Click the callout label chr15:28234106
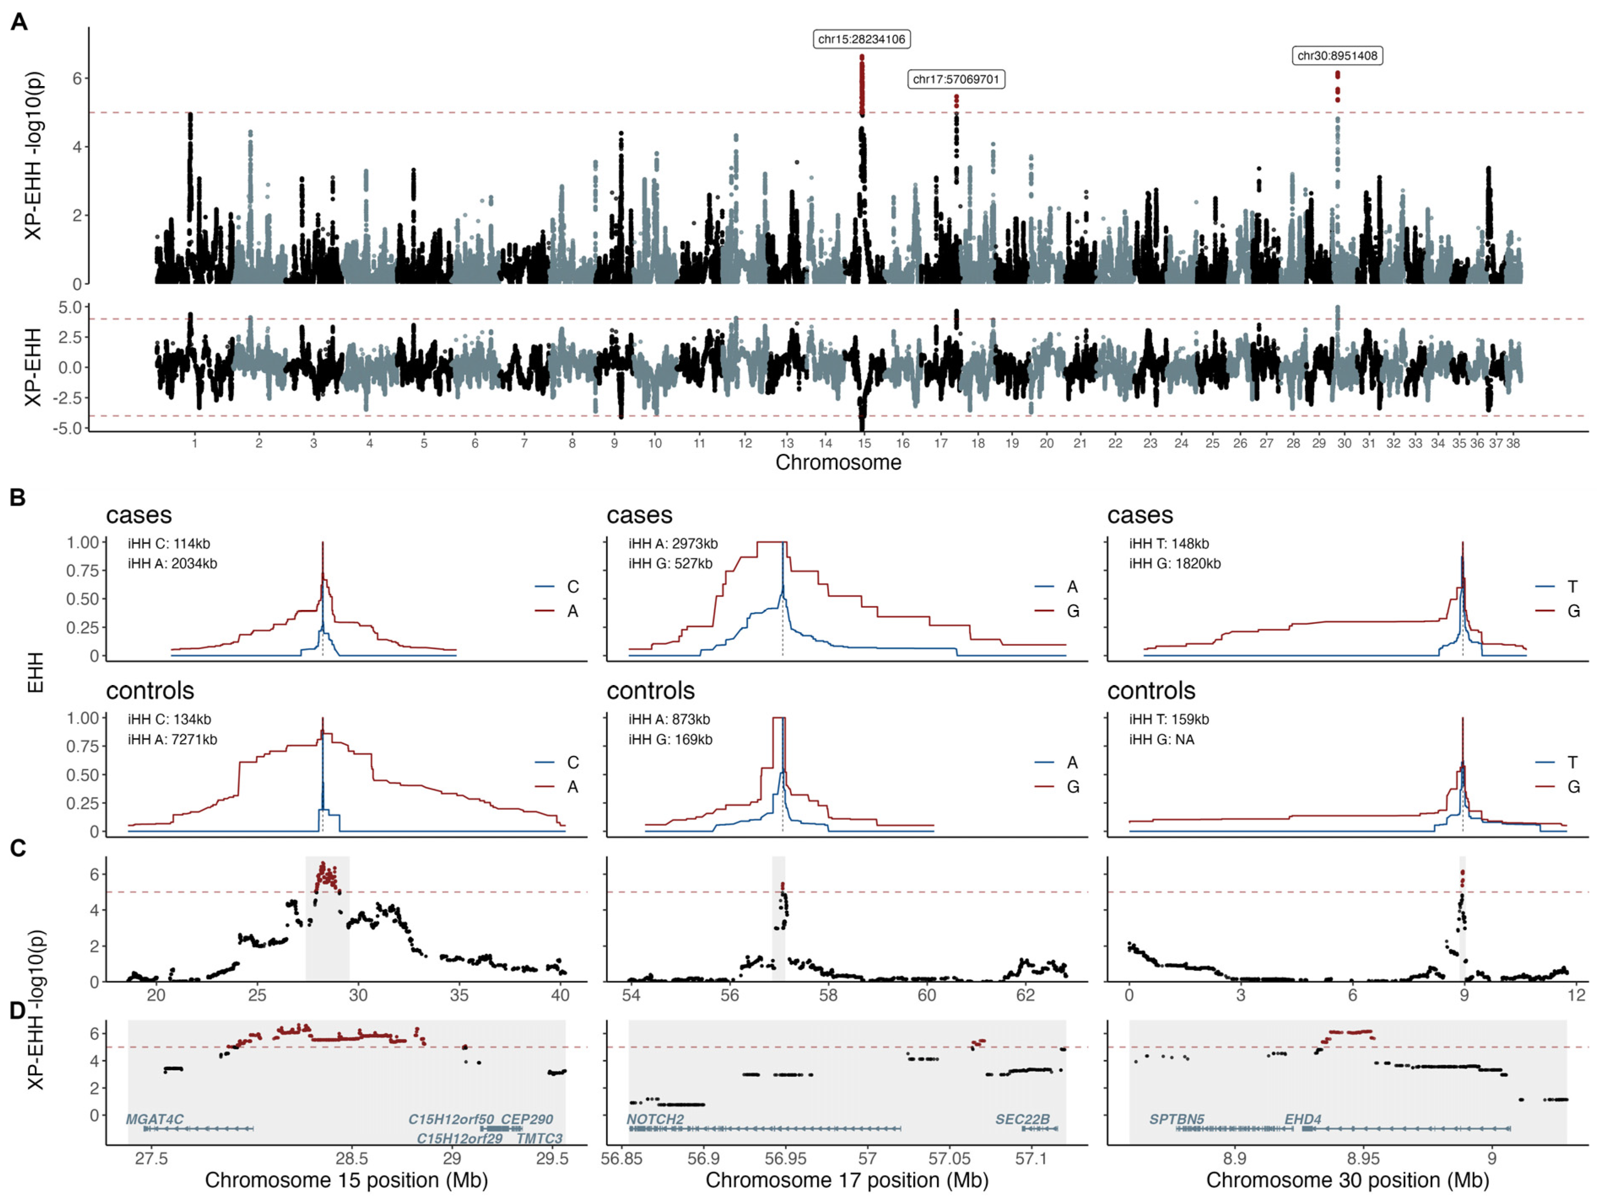[x=861, y=39]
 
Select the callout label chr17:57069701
[x=956, y=79]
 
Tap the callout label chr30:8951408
[x=1337, y=56]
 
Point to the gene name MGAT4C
[x=154, y=1119]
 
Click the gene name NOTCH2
[x=655, y=1119]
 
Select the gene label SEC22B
[x=1022, y=1119]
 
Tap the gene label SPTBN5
[x=1177, y=1119]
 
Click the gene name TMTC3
[x=539, y=1139]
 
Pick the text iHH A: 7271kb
[x=173, y=740]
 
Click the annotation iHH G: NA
[x=1162, y=740]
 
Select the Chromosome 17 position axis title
[x=847, y=1181]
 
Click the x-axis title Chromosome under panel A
[x=838, y=463]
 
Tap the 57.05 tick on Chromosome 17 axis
[x=949, y=1159]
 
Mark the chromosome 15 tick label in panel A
[x=864, y=443]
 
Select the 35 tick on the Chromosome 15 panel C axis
[x=459, y=996]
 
